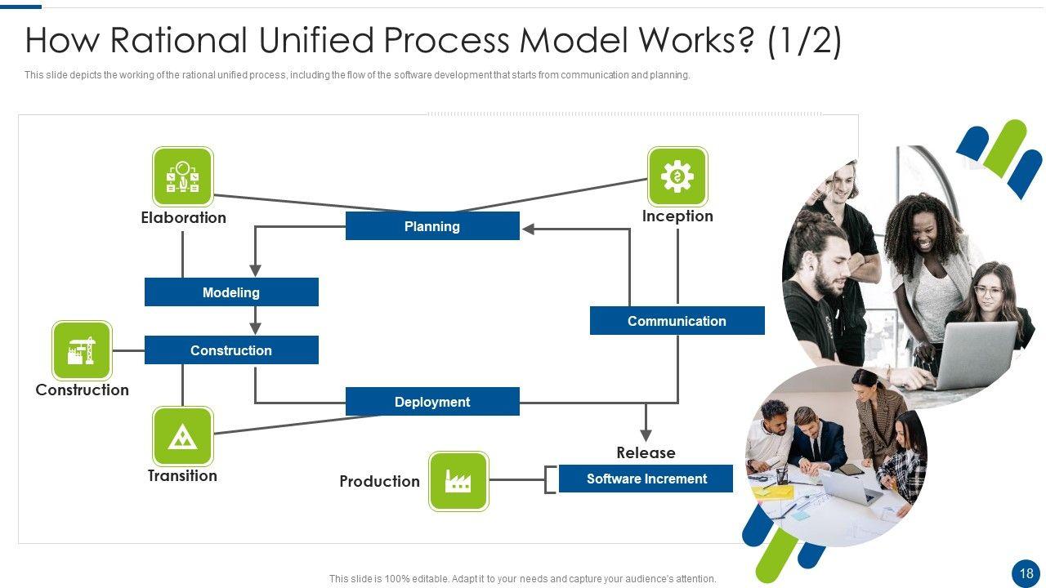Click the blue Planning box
click(x=432, y=226)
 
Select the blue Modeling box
click(x=231, y=292)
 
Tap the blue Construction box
click(x=231, y=350)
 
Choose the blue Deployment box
click(x=432, y=402)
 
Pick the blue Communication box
click(x=677, y=321)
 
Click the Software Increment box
click(x=646, y=479)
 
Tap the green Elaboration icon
click(x=183, y=176)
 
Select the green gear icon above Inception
click(x=677, y=176)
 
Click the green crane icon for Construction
click(x=82, y=350)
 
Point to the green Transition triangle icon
click(x=183, y=437)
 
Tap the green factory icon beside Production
click(x=458, y=481)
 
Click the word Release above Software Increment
click(x=646, y=452)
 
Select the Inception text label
click(x=677, y=216)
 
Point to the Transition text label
click(x=182, y=476)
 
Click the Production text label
click(x=379, y=482)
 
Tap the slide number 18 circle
click(x=1026, y=573)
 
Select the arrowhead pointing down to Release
click(x=646, y=434)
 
